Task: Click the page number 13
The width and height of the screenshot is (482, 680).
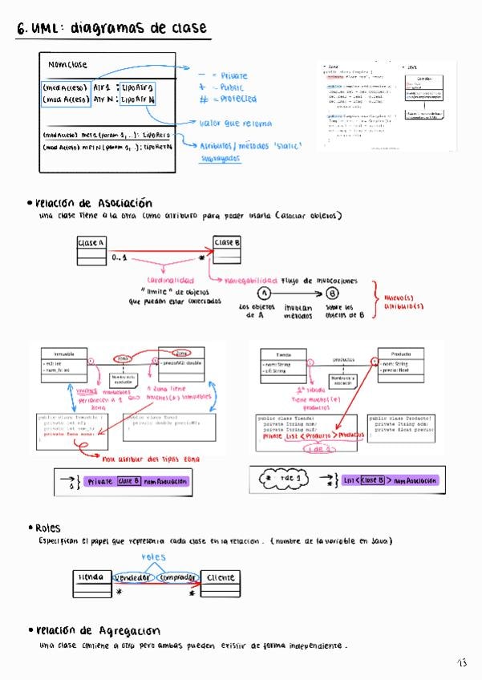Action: pos(462,662)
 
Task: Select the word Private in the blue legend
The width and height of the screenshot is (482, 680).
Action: pos(233,75)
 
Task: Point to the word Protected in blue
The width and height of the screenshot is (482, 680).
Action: pos(238,99)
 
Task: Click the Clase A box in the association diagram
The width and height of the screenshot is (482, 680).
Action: pos(91,242)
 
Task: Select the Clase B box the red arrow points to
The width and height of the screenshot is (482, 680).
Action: pos(228,242)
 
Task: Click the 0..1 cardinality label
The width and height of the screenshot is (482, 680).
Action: pos(119,257)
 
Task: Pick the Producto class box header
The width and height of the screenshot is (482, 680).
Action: pos(401,353)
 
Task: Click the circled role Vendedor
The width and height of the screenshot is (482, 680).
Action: pos(133,577)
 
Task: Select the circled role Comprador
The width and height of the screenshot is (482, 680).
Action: pos(177,577)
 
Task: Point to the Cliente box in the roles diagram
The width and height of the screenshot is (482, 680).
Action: pos(220,577)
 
